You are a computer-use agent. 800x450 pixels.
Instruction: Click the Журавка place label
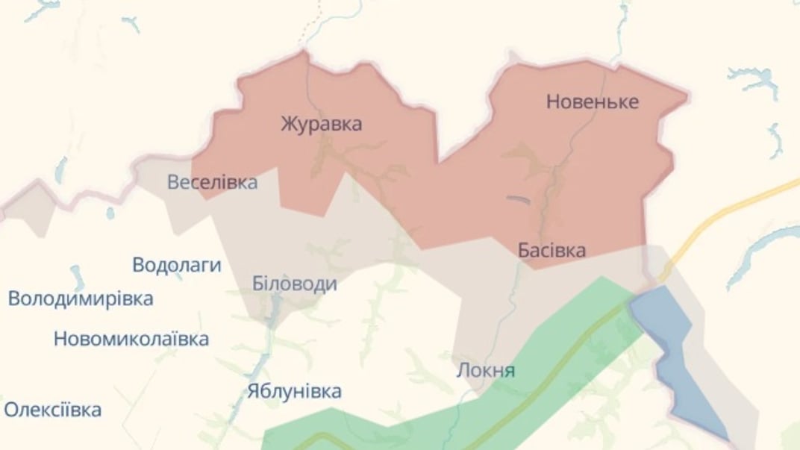coord(322,123)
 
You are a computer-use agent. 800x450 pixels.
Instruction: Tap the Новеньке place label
coord(593,101)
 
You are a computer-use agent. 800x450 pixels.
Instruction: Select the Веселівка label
coord(212,182)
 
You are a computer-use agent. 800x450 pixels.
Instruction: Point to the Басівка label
coord(551,250)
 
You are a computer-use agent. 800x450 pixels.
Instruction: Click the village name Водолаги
coord(177,265)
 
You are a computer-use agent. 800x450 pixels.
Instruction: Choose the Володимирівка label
coord(81,299)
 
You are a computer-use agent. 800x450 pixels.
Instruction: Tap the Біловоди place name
coord(294,284)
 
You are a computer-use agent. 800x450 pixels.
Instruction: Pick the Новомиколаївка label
coord(131,340)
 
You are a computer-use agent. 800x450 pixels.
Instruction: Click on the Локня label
coord(486,370)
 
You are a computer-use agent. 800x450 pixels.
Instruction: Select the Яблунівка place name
coord(295,391)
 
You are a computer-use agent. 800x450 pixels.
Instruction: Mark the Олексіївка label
coord(52,410)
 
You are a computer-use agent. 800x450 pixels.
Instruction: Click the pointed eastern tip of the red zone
coord(686,95)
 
